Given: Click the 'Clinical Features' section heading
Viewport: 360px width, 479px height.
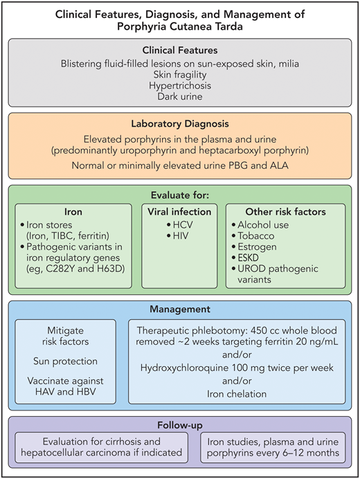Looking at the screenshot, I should [179, 50].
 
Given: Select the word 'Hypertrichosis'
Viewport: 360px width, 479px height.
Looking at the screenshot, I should [179, 86].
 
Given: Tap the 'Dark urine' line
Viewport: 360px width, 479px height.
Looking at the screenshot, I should [179, 98].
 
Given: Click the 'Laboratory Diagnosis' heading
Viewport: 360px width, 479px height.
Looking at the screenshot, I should [179, 125].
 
